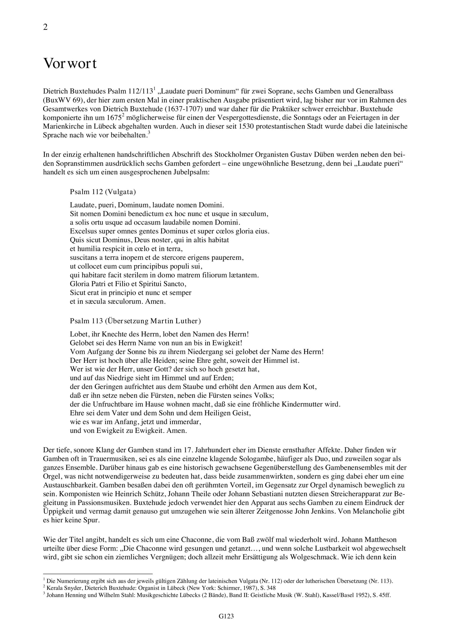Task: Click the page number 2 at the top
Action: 46,27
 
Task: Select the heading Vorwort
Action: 70,64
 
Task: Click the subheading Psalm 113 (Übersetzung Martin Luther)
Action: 135,321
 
